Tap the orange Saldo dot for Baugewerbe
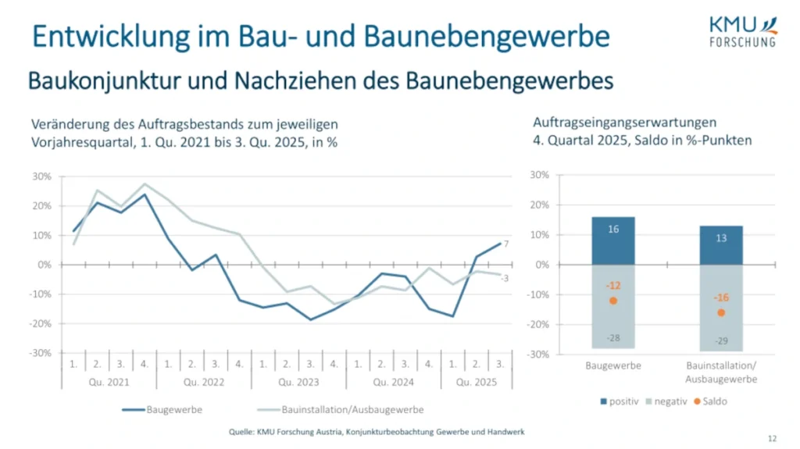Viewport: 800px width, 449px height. coord(613,301)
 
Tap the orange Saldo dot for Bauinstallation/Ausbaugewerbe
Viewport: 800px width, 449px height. coord(721,312)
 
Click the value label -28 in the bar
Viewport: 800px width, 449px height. coord(613,337)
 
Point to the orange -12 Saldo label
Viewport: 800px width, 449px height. coord(613,286)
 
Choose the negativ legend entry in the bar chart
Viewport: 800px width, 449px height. coord(665,401)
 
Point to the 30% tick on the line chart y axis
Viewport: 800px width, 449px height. coord(41,176)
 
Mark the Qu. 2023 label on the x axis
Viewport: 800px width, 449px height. coord(297,383)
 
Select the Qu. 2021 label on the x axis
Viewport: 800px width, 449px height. coord(109,383)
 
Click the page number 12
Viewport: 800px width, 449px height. coord(772,439)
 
